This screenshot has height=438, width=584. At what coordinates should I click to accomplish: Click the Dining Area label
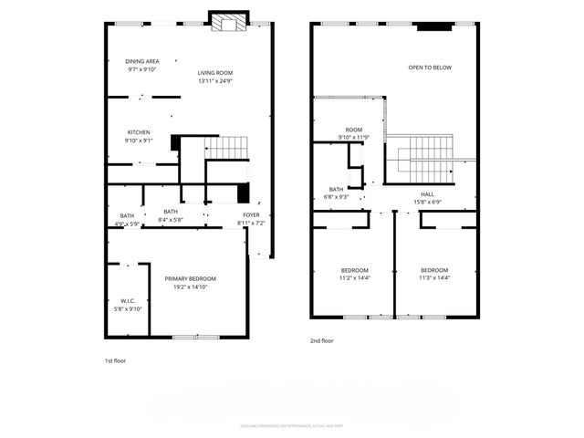[x=141, y=61]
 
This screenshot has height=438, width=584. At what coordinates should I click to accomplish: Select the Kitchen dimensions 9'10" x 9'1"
[x=138, y=141]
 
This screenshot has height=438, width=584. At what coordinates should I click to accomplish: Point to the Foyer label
[x=251, y=215]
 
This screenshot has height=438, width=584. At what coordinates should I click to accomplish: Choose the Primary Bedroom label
[x=191, y=278]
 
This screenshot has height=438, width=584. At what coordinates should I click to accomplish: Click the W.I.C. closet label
[x=128, y=301]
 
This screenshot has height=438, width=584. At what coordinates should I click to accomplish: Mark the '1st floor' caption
[x=115, y=360]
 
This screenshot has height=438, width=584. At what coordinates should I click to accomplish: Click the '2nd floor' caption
[x=322, y=340]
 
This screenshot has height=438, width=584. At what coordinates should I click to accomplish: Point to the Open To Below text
[x=429, y=68]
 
